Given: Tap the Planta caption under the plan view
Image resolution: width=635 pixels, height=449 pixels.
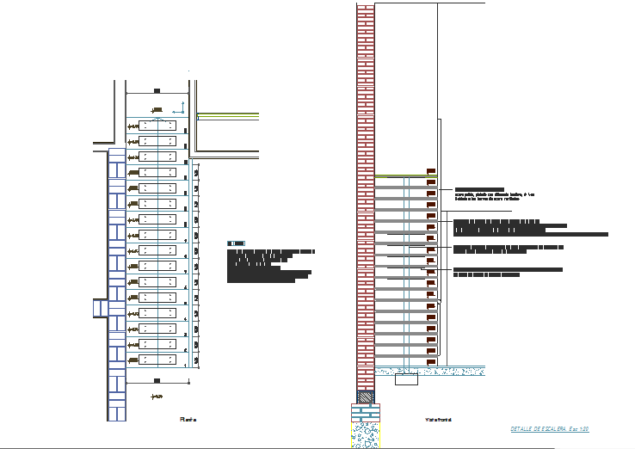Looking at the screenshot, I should tap(188, 420).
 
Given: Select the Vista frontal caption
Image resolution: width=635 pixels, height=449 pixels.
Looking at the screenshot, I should tap(439, 420).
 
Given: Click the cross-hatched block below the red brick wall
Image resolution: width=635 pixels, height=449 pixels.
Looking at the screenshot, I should tap(367, 397).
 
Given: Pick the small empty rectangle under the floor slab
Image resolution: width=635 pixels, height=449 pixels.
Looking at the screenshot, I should tap(405, 379).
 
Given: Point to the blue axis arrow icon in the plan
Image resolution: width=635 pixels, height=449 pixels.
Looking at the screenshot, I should tap(181, 108).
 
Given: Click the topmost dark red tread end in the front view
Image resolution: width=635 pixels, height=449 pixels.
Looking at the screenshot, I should tap(432, 170).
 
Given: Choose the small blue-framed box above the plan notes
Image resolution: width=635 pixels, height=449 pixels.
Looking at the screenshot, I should tap(236, 243).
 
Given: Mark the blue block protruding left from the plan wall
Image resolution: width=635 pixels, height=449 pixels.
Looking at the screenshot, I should tap(98, 308).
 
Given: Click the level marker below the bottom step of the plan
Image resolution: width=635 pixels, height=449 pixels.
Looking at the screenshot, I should tap(157, 397).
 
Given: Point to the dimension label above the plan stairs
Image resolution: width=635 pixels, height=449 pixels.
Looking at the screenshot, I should tap(157, 89).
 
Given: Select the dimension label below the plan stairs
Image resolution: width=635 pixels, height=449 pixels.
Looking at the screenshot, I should tap(157, 379).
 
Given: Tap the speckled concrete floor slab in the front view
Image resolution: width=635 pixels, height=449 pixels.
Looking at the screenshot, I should tap(430, 372).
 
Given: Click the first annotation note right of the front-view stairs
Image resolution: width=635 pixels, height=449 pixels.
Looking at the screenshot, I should tap(486, 194).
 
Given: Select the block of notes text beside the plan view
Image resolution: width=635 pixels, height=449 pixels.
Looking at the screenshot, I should tap(270, 266).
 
